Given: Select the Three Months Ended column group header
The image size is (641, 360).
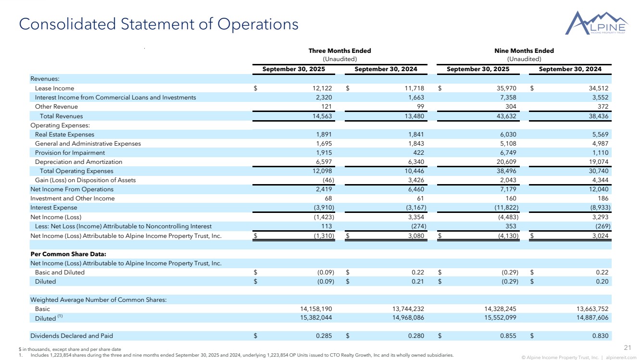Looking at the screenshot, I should coord(339,50).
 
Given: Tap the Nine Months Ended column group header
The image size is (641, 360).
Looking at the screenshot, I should coord(524,50).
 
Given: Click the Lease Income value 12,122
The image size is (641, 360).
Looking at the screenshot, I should coord(323,88).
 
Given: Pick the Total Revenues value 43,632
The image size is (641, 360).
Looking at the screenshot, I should coord(507,116).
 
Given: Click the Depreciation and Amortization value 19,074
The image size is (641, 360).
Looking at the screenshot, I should coord(599,161).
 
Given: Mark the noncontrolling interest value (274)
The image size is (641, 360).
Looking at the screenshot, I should coord(416,226).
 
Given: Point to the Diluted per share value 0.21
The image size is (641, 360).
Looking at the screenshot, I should coord(418,281).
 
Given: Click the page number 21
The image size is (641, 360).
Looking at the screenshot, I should coord(627,348).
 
